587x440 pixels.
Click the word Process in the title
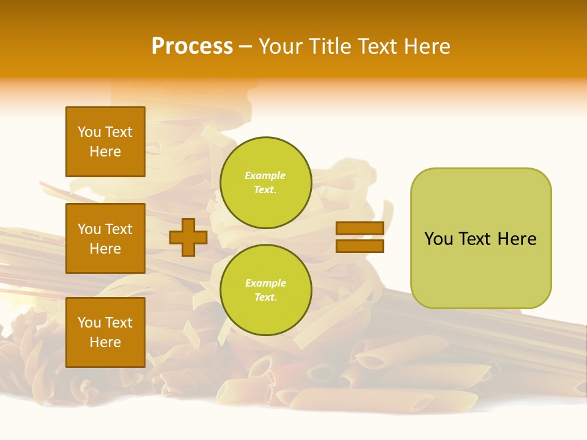click(x=192, y=46)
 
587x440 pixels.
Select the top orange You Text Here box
click(x=105, y=142)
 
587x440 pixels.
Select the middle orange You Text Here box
click(x=105, y=238)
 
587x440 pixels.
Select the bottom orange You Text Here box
click(x=105, y=332)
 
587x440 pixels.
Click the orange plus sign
click(x=188, y=237)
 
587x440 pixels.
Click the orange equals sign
click(x=360, y=237)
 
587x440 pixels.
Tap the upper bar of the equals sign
click(x=360, y=228)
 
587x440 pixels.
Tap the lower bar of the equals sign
click(x=360, y=246)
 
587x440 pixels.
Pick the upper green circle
click(x=265, y=183)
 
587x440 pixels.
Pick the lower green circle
click(x=265, y=290)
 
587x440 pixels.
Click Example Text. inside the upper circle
click(x=265, y=183)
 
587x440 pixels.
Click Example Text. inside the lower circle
click(x=265, y=290)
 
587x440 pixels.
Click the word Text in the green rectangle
click(x=476, y=239)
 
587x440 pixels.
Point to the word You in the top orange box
click(x=89, y=132)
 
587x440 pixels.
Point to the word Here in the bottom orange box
click(x=105, y=342)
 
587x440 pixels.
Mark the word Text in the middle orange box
click(x=119, y=229)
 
